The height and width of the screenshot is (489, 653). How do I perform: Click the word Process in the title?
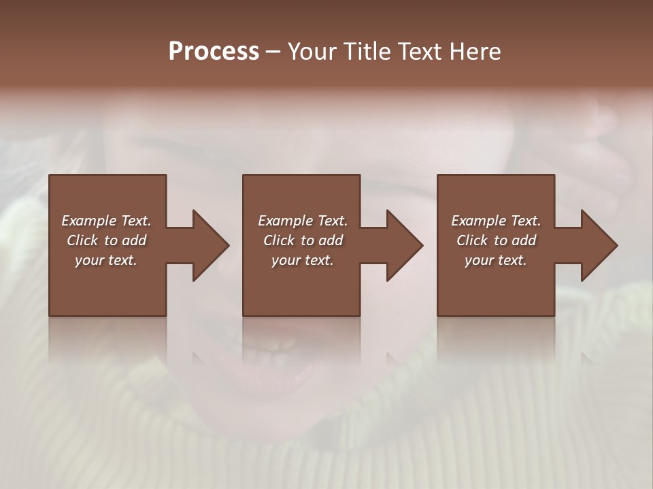click(214, 52)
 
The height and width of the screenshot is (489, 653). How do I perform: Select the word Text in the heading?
click(418, 52)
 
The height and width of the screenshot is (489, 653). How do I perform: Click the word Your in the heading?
click(314, 52)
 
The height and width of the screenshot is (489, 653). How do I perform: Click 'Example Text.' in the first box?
click(106, 221)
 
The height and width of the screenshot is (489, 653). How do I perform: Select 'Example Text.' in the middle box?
click(303, 221)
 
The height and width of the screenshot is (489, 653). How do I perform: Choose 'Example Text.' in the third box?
click(496, 221)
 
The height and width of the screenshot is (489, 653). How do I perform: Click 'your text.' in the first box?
click(106, 260)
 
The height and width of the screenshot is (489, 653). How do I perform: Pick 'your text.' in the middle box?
click(303, 260)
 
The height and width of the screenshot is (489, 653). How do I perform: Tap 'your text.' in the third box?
click(496, 260)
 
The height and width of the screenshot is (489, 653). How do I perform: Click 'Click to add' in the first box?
click(106, 240)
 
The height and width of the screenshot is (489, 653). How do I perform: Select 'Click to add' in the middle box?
click(303, 240)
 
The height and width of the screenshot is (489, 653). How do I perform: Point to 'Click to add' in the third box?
click(496, 240)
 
